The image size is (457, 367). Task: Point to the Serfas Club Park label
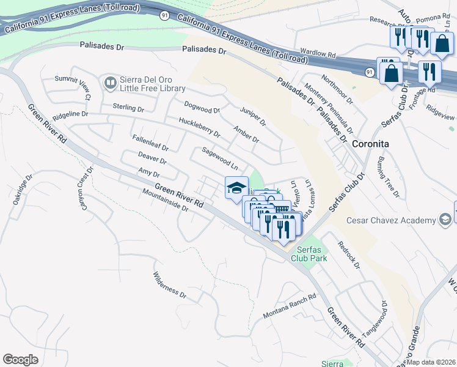312,254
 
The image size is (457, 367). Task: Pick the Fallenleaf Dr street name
150,144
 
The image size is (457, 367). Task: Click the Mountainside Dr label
166,200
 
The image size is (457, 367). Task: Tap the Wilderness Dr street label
169,285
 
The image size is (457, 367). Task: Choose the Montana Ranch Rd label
290,306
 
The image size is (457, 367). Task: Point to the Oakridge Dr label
21,192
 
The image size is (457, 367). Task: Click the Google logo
21,360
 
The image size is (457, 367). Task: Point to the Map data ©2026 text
431,362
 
